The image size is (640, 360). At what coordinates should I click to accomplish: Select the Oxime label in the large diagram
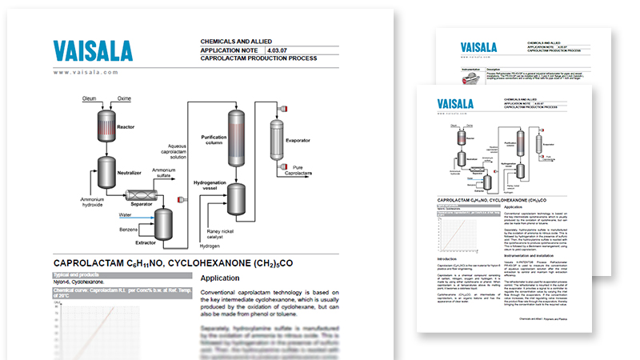pos(123,98)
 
